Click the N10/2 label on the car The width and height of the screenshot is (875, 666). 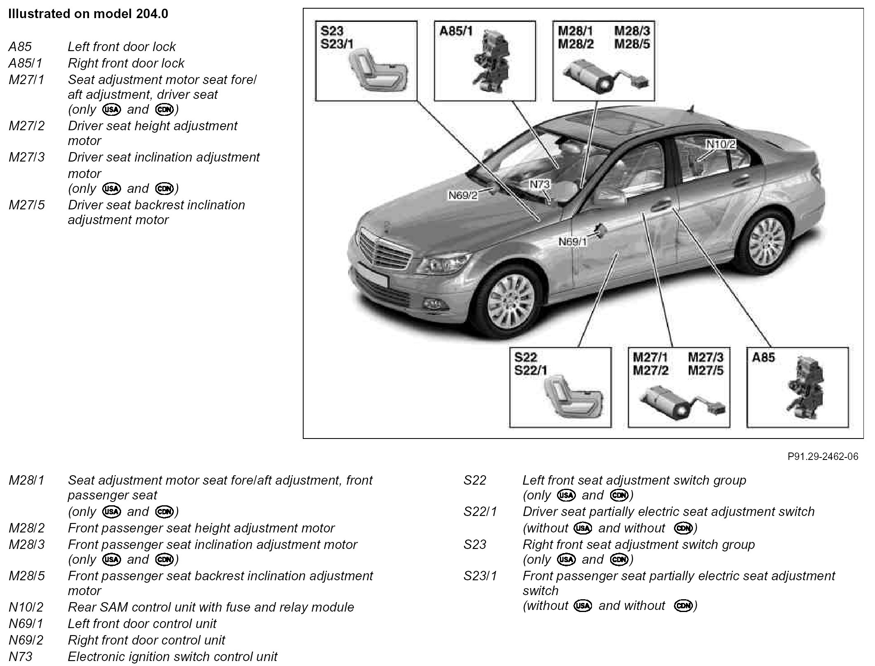[721, 144]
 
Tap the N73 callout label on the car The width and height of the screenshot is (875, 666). [539, 184]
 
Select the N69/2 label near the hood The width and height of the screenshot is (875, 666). [463, 195]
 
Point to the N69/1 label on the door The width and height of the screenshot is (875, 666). [573, 242]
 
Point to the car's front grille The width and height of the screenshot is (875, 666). [385, 249]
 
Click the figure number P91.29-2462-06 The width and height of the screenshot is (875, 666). [823, 456]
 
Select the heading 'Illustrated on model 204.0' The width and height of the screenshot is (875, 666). [88, 14]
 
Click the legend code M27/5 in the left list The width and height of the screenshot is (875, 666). [27, 205]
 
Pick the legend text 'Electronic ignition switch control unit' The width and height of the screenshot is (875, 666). [172, 656]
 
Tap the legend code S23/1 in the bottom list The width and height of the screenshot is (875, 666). [480, 576]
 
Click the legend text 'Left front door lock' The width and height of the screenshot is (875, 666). [122, 47]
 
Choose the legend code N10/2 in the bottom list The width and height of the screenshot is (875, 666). [26, 607]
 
